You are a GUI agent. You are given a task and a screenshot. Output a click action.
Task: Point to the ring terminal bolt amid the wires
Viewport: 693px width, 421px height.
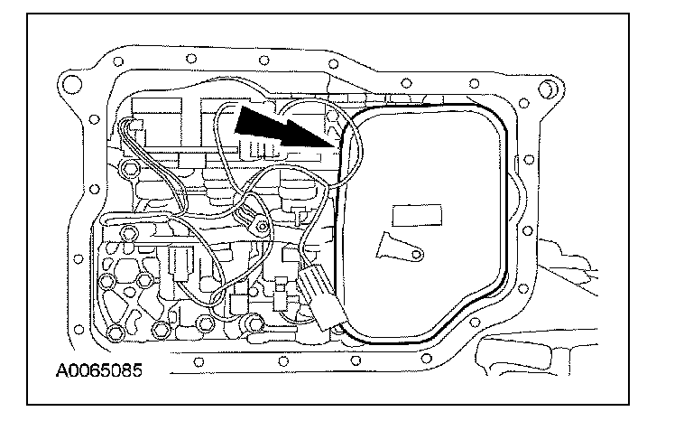click(x=260, y=224)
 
